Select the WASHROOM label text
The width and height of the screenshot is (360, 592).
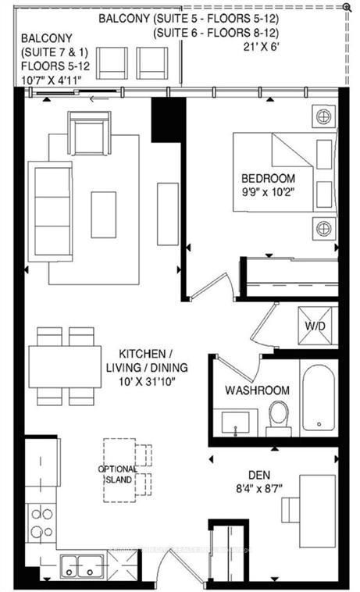[257, 391]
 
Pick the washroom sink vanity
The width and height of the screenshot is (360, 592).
[234, 423]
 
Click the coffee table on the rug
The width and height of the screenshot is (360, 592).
[103, 214]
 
